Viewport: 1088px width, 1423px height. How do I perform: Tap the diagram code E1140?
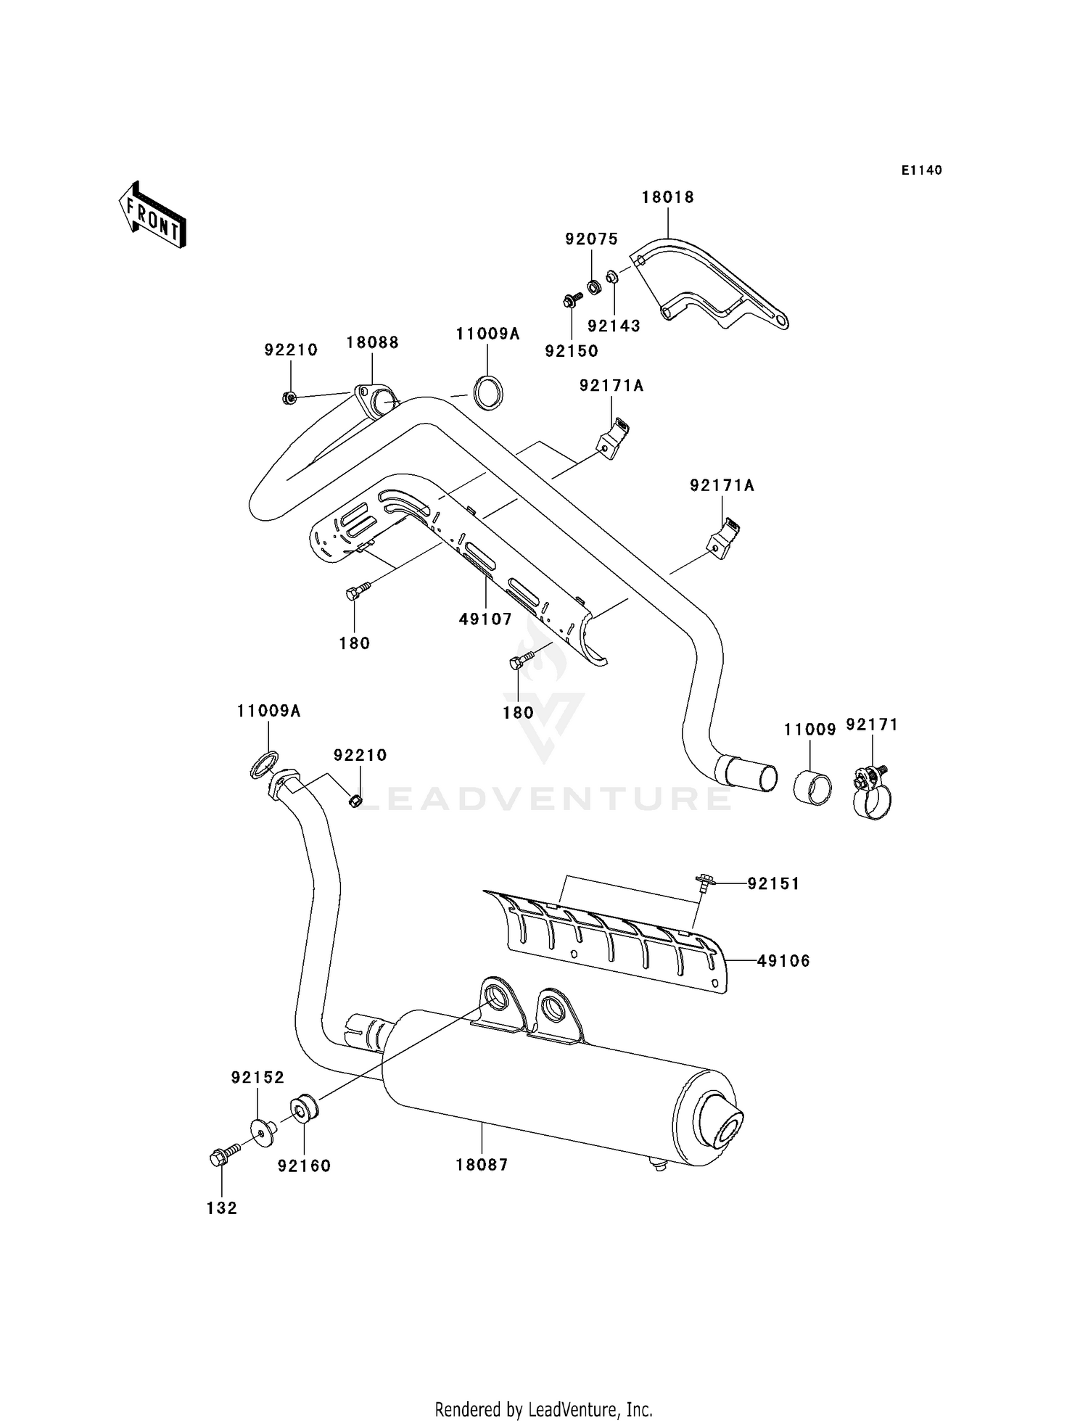(x=921, y=170)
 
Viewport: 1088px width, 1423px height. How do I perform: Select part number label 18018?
(x=667, y=197)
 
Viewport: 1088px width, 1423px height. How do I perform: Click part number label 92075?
(x=591, y=239)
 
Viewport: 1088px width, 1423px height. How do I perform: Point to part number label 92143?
(x=614, y=326)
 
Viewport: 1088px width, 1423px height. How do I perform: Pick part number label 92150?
(x=572, y=351)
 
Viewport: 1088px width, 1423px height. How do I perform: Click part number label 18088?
(x=372, y=342)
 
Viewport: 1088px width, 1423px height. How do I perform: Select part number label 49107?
(x=485, y=619)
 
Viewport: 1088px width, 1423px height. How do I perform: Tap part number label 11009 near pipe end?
(x=809, y=730)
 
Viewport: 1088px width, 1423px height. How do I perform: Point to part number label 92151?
(x=773, y=883)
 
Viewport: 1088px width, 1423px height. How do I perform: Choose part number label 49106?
(x=783, y=961)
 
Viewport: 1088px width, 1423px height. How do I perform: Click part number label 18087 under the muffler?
(x=482, y=1165)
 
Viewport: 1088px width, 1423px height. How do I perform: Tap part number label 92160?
(x=304, y=1166)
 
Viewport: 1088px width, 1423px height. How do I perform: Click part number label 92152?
(x=257, y=1078)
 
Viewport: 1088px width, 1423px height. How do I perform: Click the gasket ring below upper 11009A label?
(x=488, y=392)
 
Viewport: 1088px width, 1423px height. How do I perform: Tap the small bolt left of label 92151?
(x=704, y=883)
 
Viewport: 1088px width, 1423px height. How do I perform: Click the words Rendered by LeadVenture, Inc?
(x=543, y=1409)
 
